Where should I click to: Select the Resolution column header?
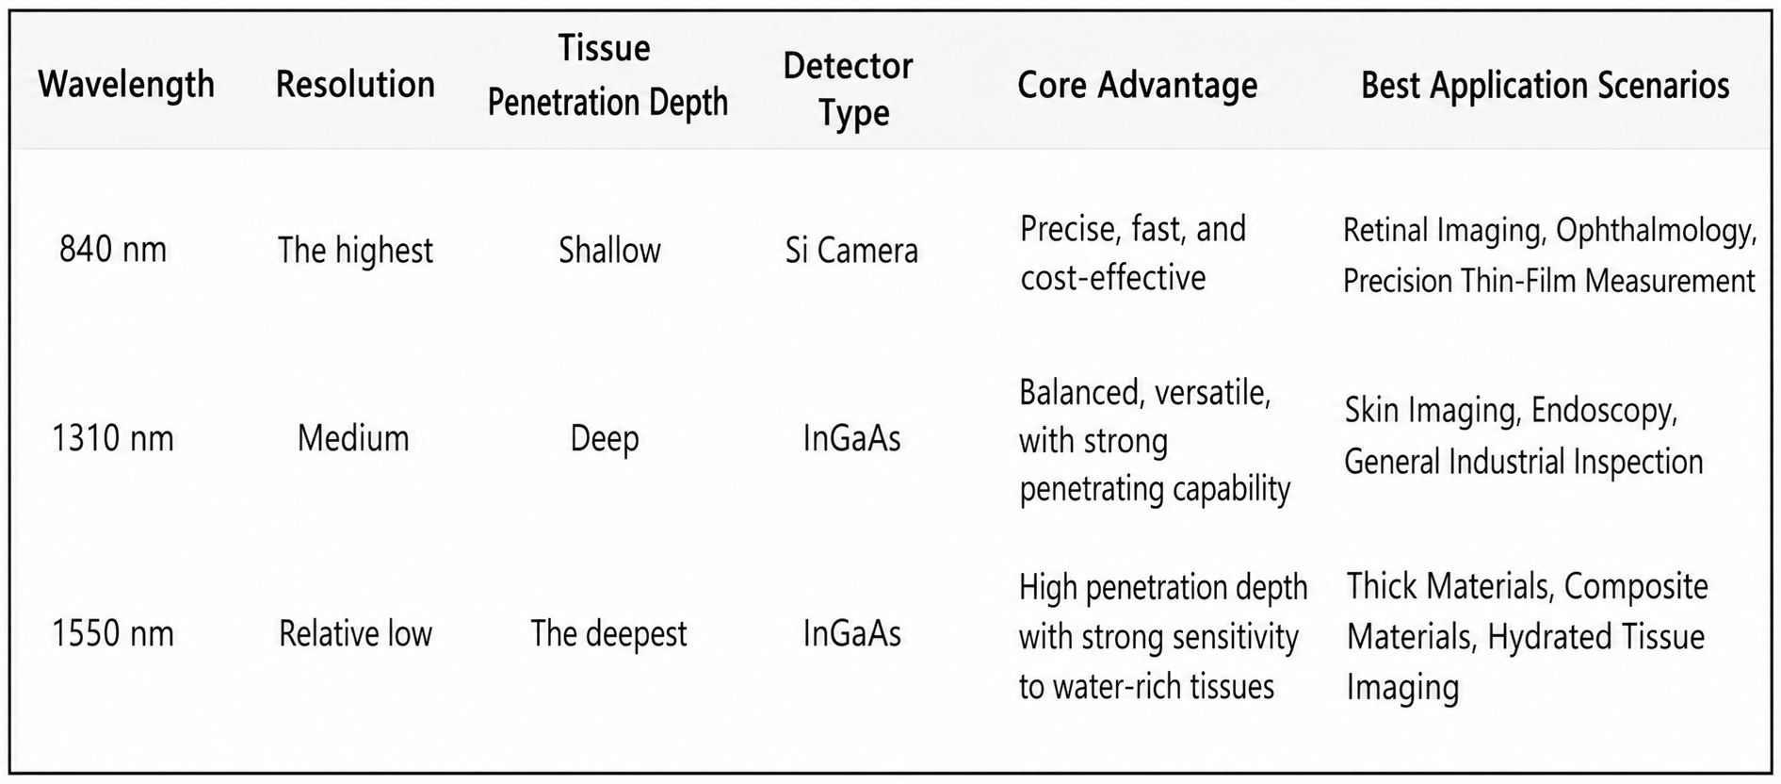pyautogui.click(x=355, y=85)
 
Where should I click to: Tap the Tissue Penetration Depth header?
pyautogui.click(x=607, y=75)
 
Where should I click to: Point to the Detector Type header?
pyautogui.click(x=849, y=89)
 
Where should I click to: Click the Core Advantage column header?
pyautogui.click(x=1138, y=86)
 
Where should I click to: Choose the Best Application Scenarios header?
pyautogui.click(x=1546, y=86)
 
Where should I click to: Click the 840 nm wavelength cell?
pyautogui.click(x=113, y=250)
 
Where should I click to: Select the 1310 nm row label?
pyautogui.click(x=113, y=438)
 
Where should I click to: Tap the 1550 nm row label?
pyautogui.click(x=113, y=633)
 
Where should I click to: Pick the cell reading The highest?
pyautogui.click(x=355, y=251)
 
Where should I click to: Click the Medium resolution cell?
pyautogui.click(x=353, y=438)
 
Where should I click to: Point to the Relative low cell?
pyautogui.click(x=355, y=633)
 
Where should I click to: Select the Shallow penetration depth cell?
pyautogui.click(x=609, y=251)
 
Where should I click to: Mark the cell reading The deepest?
pyautogui.click(x=608, y=634)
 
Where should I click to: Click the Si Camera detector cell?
pyautogui.click(x=851, y=251)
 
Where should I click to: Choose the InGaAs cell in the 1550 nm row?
pyautogui.click(x=851, y=633)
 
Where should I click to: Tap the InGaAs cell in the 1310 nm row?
pyautogui.click(x=851, y=438)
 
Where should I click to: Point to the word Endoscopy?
pyautogui.click(x=1605, y=412)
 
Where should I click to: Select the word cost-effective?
pyautogui.click(x=1113, y=278)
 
